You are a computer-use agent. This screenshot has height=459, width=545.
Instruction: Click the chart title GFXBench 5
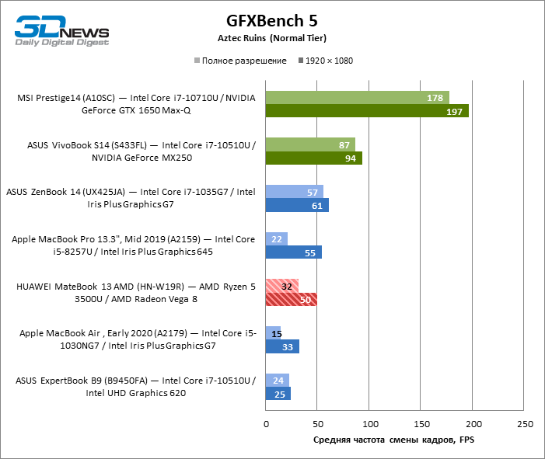click(271, 20)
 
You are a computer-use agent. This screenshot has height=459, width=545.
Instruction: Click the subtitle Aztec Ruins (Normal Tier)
click(271, 38)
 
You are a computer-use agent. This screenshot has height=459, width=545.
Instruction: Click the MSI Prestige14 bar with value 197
click(367, 111)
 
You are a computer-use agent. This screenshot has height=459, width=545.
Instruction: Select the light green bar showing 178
click(357, 98)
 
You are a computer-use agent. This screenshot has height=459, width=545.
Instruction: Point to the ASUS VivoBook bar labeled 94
click(313, 158)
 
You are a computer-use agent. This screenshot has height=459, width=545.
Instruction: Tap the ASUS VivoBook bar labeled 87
click(310, 144)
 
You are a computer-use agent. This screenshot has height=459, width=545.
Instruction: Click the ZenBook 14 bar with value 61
click(296, 205)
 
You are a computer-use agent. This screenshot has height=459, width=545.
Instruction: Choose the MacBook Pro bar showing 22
click(276, 238)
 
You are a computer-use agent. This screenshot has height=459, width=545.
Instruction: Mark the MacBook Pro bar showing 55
click(293, 252)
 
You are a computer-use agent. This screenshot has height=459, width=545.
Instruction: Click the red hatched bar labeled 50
click(291, 299)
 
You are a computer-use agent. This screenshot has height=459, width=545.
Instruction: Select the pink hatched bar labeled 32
click(281, 285)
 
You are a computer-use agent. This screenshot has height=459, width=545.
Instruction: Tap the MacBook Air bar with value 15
click(273, 332)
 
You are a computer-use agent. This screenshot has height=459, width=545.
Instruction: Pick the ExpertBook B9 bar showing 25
click(278, 394)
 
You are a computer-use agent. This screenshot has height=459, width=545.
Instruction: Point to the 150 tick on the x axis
click(421, 424)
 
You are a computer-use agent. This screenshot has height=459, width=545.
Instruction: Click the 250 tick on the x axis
click(525, 424)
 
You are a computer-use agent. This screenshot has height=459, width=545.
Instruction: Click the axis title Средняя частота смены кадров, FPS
click(393, 440)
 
